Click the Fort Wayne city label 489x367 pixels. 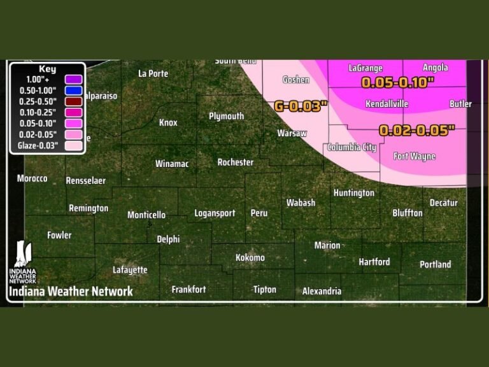[x=414, y=156]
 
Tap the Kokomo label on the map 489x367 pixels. [x=250, y=258]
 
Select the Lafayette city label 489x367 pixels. [x=130, y=270]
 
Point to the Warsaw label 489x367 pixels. [x=292, y=133]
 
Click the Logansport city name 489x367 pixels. [x=215, y=213]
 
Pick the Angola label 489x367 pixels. [x=435, y=68]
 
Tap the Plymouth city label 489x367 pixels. [x=226, y=116]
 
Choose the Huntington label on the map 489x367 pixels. [x=353, y=192]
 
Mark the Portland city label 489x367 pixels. [x=435, y=264]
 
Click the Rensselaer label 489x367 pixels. [x=85, y=181]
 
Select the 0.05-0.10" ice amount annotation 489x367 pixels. [x=397, y=82]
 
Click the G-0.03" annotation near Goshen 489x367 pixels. [x=301, y=106]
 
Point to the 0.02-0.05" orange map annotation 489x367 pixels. [x=417, y=131]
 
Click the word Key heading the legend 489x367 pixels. [x=47, y=69]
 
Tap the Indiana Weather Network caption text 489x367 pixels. [x=71, y=291]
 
